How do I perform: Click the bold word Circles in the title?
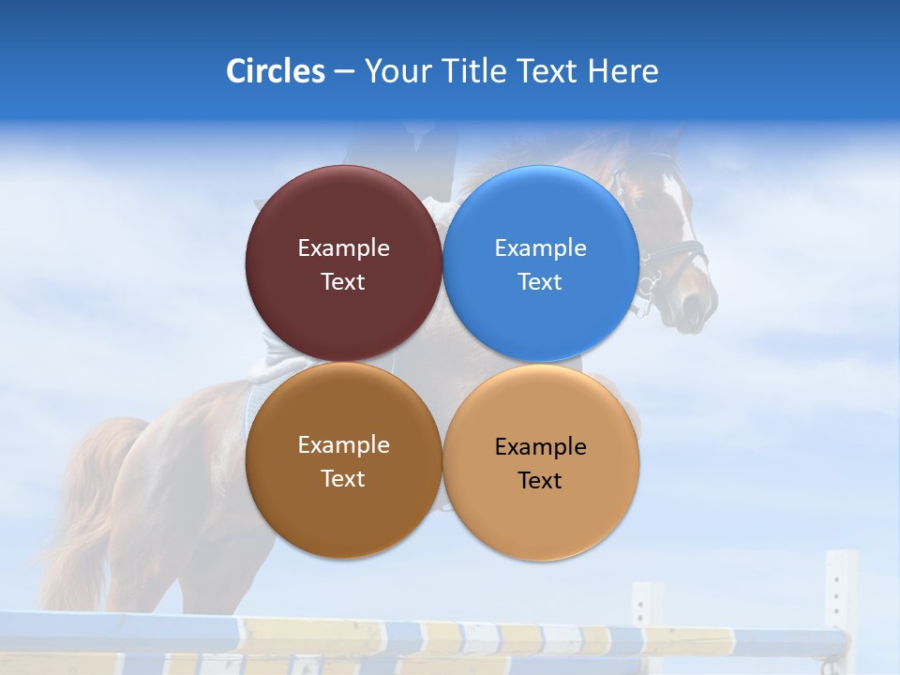pos(276,71)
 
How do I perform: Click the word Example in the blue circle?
pos(541,247)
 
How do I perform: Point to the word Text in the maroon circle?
pos(343,281)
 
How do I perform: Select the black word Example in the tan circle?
pos(541,446)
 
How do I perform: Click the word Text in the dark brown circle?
pos(343,478)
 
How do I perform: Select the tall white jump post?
pos(840,600)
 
